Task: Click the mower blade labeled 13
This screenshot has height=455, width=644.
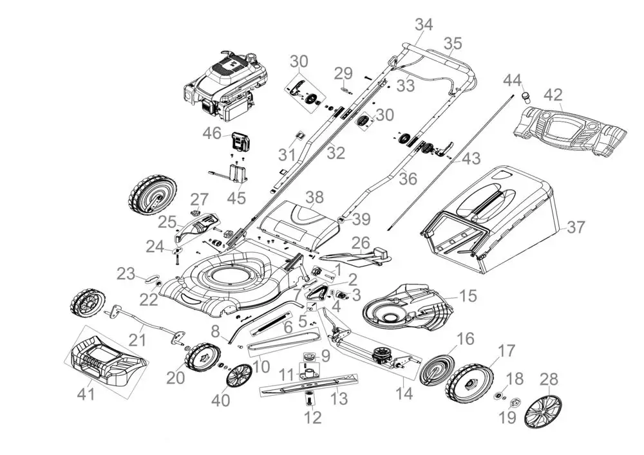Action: [x=309, y=384]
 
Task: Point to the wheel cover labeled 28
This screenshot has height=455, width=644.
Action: [x=543, y=411]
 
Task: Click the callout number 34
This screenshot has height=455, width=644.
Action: [x=424, y=24]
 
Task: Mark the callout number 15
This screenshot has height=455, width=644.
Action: [x=468, y=295]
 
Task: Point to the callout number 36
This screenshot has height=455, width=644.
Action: [x=408, y=178]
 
